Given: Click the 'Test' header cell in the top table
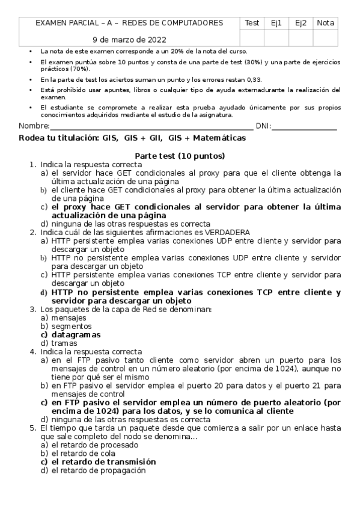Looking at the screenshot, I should (252, 23).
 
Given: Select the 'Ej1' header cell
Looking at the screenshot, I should (276, 23).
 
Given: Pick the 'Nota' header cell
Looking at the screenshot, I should (326, 23).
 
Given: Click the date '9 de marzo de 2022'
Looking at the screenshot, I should (129, 40).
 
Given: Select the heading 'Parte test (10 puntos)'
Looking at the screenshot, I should (180, 156).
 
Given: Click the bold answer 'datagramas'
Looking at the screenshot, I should (76, 334).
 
